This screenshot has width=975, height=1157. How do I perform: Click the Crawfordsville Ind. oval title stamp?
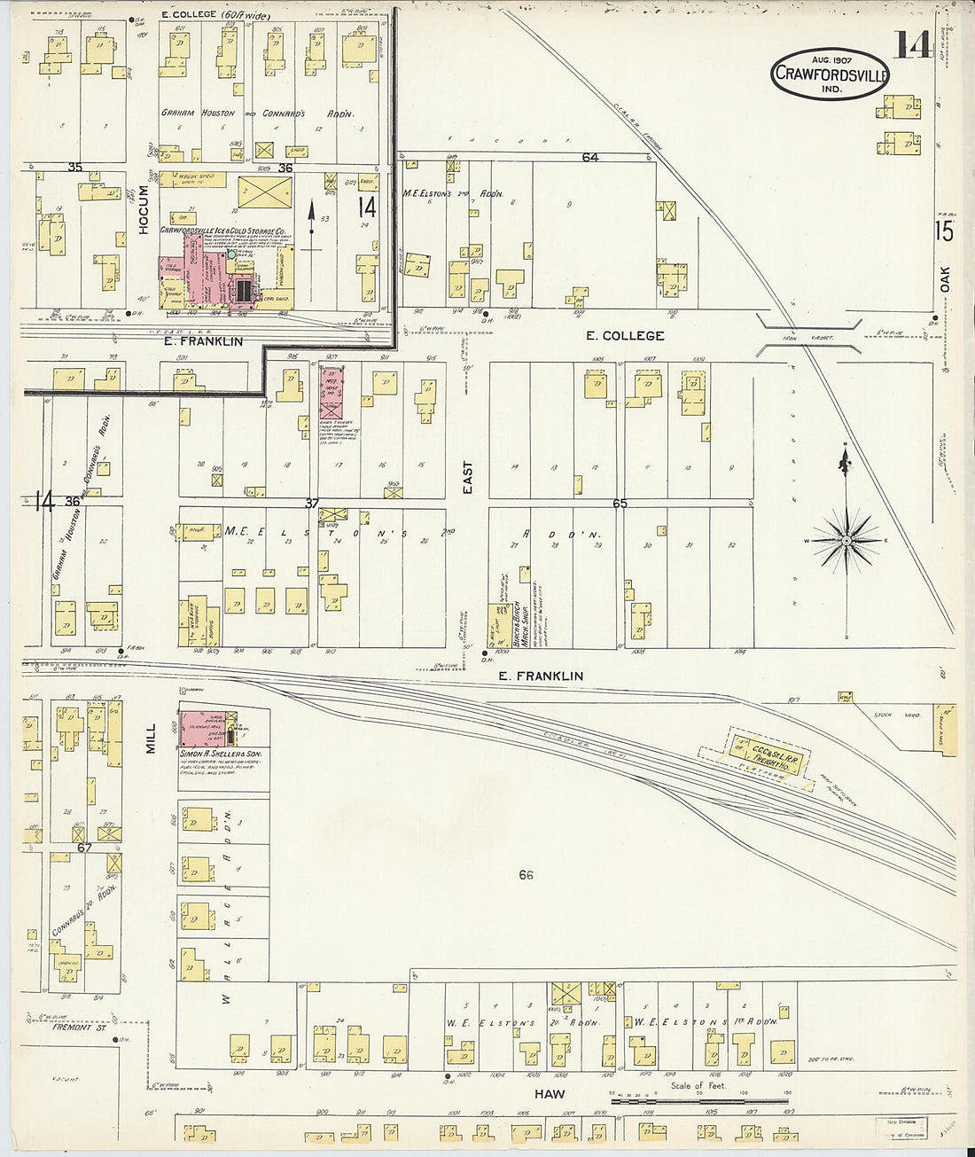pyautogui.click(x=829, y=74)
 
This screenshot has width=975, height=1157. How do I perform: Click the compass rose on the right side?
pyautogui.click(x=846, y=539)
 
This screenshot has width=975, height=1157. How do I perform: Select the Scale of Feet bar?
pyautogui.click(x=700, y=1099)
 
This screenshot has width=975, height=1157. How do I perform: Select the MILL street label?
pyautogui.click(x=150, y=738)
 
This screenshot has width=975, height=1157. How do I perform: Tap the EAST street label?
pyautogui.click(x=467, y=477)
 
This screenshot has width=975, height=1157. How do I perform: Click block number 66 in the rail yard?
pyautogui.click(x=526, y=875)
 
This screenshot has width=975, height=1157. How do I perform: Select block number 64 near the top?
pyautogui.click(x=590, y=157)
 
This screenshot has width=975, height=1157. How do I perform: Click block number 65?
pyautogui.click(x=620, y=503)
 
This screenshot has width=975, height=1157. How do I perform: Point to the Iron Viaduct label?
pyautogui.click(x=803, y=337)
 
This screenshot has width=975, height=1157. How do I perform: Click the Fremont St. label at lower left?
pyautogui.click(x=73, y=1028)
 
